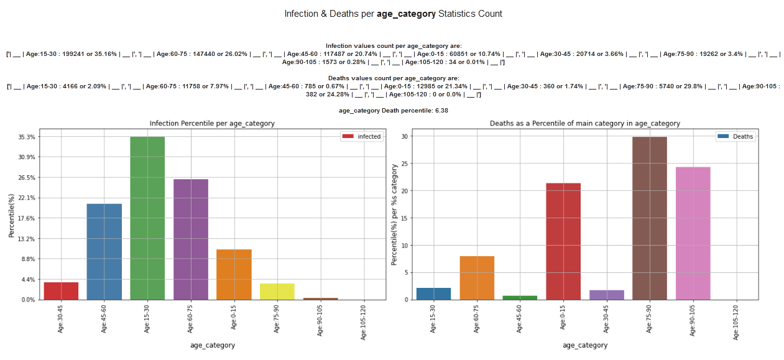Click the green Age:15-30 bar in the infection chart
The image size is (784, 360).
147,218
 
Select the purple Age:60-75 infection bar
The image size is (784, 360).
191,239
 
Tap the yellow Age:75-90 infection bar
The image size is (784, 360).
277,292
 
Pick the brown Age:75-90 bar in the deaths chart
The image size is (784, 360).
650,218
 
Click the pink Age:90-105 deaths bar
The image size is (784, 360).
693,233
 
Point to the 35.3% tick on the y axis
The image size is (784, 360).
27,137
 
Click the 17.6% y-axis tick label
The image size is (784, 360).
27,218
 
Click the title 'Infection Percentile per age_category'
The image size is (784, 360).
212,123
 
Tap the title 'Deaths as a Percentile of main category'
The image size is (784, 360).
584,123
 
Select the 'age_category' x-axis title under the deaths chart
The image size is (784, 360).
585,345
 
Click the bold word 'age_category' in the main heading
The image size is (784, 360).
406,14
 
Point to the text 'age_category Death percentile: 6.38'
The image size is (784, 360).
393,110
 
